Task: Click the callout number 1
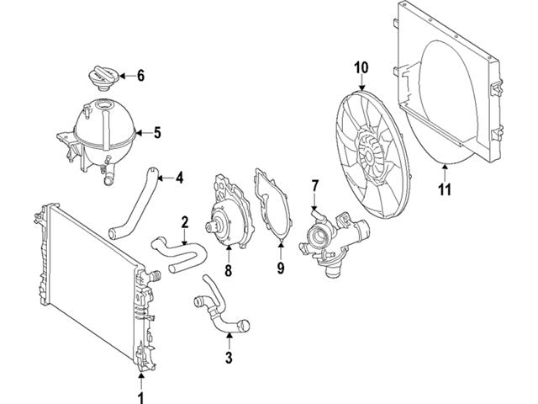[x=141, y=394]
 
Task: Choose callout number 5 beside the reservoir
[x=156, y=131]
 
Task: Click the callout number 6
[x=140, y=76]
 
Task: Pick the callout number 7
[x=314, y=184]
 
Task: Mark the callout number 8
[x=227, y=271]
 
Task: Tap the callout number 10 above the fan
[x=361, y=66]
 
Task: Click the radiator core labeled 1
[x=84, y=286]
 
